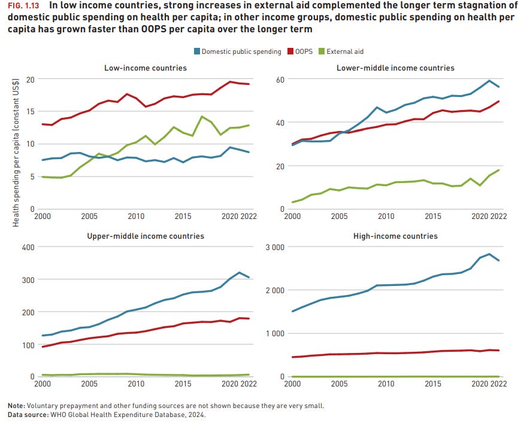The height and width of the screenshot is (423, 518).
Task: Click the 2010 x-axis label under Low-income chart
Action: pyautogui.click(x=135, y=216)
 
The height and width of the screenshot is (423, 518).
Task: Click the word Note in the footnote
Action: pyautogui.click(x=15, y=405)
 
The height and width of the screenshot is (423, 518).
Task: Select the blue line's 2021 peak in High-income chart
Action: pyautogui.click(x=490, y=254)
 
